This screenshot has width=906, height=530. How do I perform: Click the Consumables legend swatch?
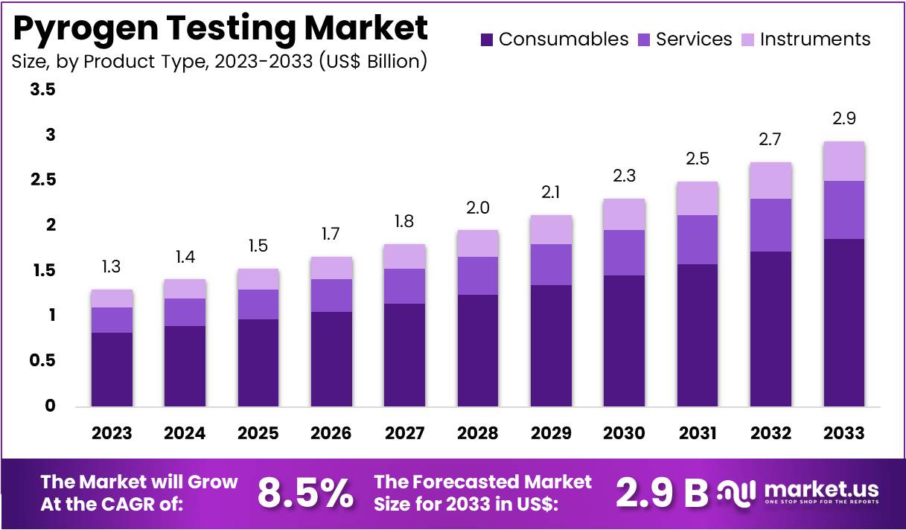click(x=487, y=39)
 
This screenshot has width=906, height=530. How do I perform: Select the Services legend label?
click(x=694, y=39)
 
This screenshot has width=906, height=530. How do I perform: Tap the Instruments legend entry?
click(x=815, y=39)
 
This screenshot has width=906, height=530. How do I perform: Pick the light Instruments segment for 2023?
click(x=112, y=298)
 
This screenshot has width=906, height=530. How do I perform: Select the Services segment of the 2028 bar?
click(x=478, y=275)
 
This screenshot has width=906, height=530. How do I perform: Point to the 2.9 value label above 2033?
click(x=844, y=119)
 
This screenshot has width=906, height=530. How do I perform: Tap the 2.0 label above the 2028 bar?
click(x=478, y=208)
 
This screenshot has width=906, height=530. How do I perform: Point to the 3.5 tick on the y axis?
click(x=42, y=90)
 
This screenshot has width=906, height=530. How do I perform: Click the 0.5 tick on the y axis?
click(x=42, y=361)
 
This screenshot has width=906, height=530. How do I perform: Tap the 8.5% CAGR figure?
click(x=305, y=492)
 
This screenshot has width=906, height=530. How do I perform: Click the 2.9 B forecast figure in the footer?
click(x=662, y=492)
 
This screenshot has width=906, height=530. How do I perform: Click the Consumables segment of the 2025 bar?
click(x=258, y=363)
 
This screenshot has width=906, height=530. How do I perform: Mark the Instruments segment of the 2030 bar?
click(x=625, y=214)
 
